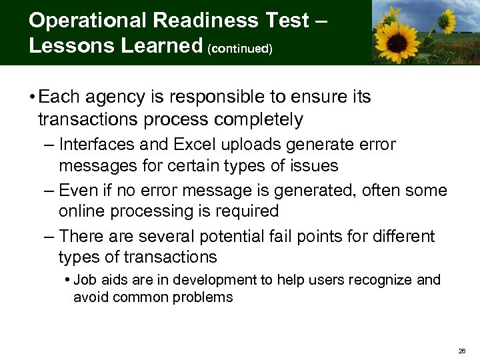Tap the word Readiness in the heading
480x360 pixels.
click(199, 21)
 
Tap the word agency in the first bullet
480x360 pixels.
click(102, 97)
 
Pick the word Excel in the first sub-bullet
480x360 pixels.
click(189, 145)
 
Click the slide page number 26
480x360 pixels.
click(463, 351)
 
